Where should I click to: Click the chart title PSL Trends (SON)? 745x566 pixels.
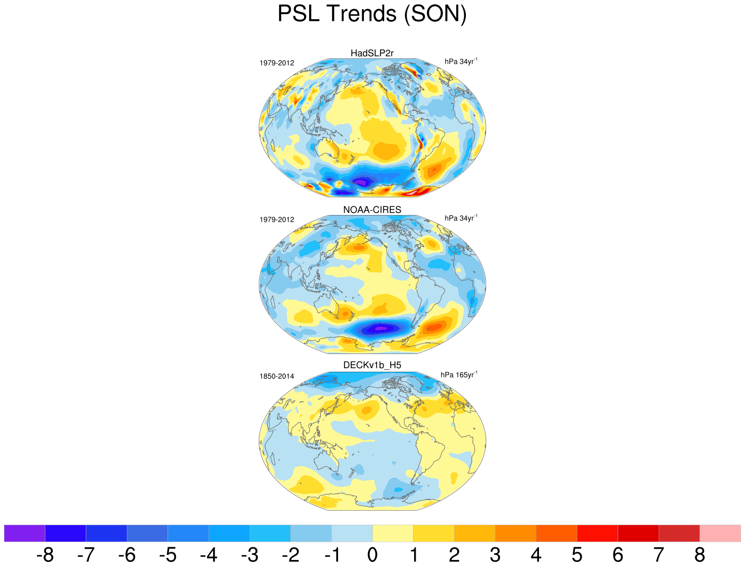click(x=372, y=14)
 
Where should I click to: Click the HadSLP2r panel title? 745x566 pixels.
click(x=372, y=53)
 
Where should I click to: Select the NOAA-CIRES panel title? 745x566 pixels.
click(x=372, y=210)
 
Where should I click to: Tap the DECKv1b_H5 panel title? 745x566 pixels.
click(x=372, y=365)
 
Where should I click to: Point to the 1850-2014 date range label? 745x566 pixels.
click(x=277, y=376)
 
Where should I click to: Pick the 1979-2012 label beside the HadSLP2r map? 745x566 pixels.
click(x=277, y=63)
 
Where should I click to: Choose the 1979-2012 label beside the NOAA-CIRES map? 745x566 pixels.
click(x=277, y=220)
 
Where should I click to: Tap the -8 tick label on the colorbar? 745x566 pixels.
click(x=45, y=555)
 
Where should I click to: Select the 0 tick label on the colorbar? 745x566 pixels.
click(x=372, y=555)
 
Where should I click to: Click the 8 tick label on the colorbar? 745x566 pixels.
click(x=700, y=555)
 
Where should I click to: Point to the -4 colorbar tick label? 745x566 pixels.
click(x=209, y=555)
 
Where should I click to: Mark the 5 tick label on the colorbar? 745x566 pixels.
click(x=577, y=555)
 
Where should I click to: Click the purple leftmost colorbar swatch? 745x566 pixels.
click(x=24, y=533)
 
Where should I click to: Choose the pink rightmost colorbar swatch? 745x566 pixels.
click(x=720, y=533)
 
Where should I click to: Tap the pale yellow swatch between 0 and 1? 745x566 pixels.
click(x=393, y=533)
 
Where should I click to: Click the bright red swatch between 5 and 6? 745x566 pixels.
click(x=597, y=533)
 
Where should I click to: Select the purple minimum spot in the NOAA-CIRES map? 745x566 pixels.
click(x=380, y=329)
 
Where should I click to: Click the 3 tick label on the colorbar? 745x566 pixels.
click(x=495, y=555)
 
